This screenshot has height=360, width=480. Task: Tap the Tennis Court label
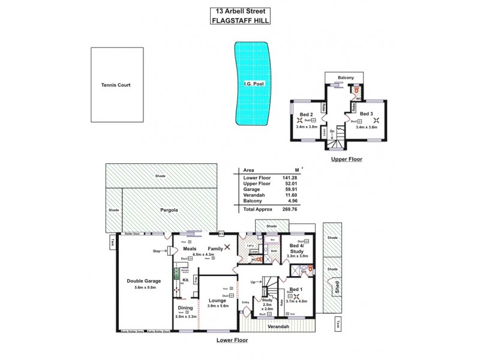pos(116,85)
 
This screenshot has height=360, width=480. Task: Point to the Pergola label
pos(171,211)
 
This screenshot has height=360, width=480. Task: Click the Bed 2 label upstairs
pos(306,114)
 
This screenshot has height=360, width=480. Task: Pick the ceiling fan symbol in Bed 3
pos(376,120)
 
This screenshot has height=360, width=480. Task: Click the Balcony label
pos(346,78)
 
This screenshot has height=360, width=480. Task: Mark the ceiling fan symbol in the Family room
pos(227,247)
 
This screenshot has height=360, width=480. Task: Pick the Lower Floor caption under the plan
pos(232,340)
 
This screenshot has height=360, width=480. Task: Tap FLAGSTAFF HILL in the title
pos(240,20)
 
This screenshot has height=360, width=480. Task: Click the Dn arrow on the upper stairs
pos(331,132)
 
